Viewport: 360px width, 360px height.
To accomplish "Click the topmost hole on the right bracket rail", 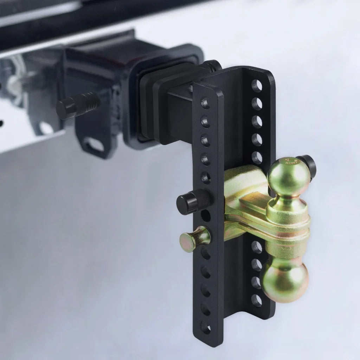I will click(257, 86).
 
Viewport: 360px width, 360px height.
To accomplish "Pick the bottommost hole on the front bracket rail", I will click(206, 328).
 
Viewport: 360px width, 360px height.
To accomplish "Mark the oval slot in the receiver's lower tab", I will click(94, 144).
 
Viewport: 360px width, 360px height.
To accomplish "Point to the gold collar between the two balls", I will click(289, 225).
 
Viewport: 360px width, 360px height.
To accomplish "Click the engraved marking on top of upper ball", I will click(291, 161).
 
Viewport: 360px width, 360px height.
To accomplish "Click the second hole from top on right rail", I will click(257, 103).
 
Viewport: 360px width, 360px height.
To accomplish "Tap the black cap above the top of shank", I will click(211, 65).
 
